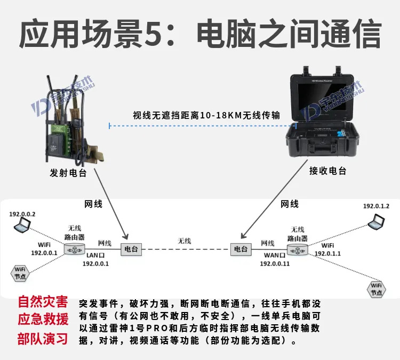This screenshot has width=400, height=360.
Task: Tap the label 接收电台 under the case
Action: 327,171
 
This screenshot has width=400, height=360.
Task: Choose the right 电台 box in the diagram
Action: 241,249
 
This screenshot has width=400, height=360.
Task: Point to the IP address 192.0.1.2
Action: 376,206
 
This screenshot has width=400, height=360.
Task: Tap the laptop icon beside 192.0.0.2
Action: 22,225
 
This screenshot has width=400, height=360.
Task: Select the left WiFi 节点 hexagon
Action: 20,273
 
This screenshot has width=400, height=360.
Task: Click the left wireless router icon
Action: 74,249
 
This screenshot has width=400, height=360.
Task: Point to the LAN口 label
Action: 95,256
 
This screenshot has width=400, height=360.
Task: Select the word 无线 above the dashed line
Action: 184,241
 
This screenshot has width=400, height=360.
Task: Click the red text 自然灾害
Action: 43,302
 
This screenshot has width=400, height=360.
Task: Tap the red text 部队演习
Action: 43,339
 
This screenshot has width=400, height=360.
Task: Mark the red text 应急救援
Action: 43,320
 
